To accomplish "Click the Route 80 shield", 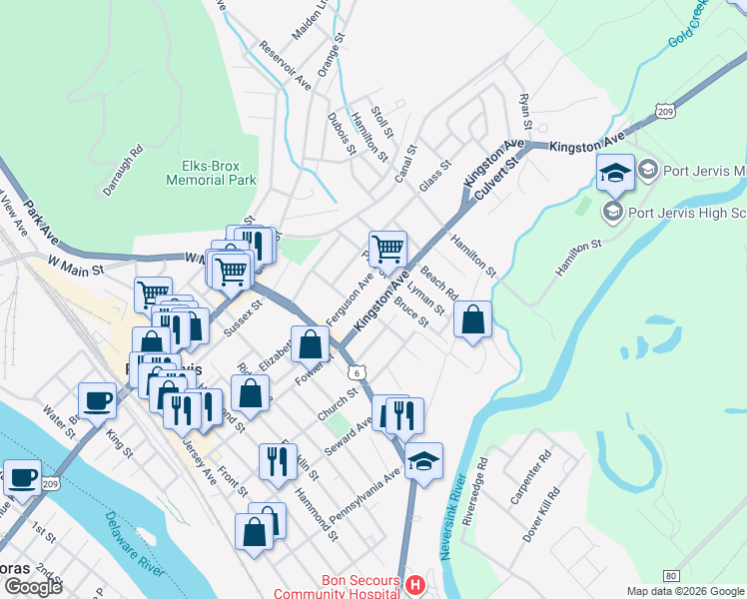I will (x=671, y=575).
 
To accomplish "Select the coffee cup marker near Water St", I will (x=97, y=401).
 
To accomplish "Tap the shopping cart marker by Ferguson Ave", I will (x=387, y=248).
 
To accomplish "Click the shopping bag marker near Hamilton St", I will (x=472, y=320).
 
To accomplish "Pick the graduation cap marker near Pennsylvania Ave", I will (x=423, y=461).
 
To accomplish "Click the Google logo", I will (x=32, y=587).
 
